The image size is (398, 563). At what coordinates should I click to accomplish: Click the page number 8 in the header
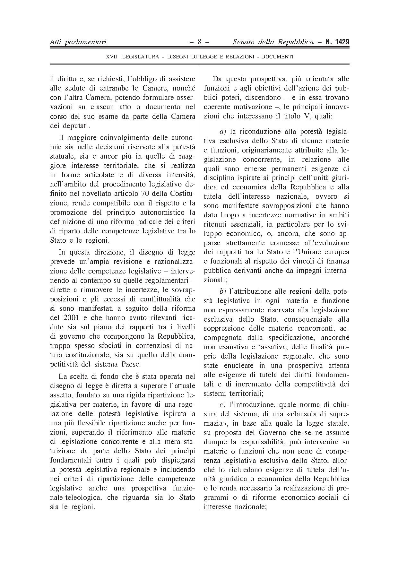199,42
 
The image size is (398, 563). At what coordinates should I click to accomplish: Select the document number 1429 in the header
341,42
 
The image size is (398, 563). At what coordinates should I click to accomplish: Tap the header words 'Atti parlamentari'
78,42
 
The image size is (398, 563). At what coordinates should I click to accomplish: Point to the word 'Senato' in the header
244,42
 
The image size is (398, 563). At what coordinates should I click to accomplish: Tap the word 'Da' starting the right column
217,79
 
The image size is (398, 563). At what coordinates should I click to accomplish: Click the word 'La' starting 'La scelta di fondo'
63,377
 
